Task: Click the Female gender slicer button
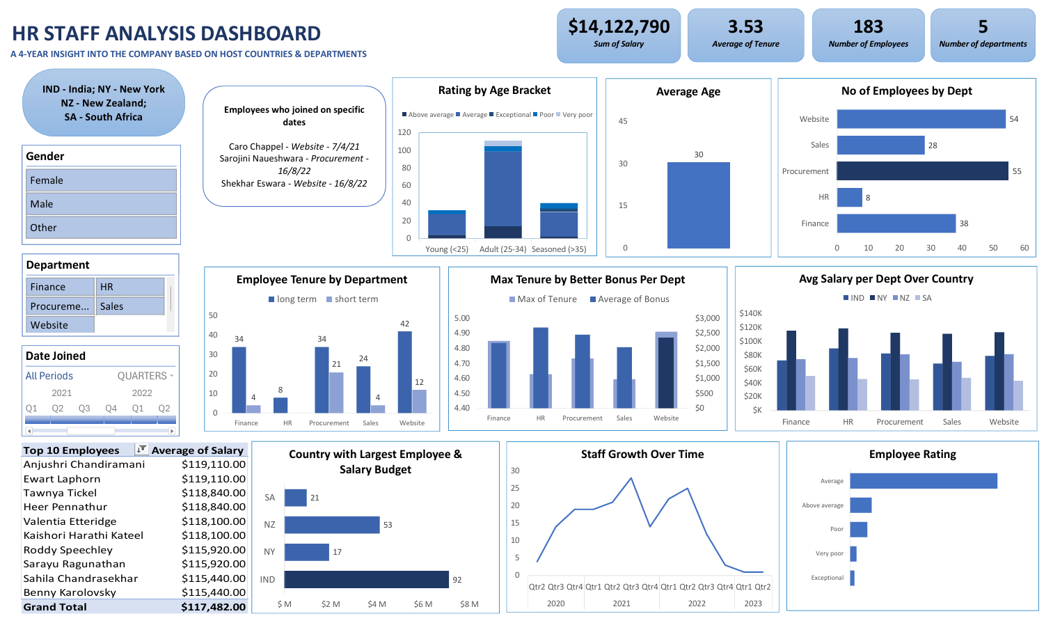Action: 101,180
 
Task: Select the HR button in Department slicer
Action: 131,287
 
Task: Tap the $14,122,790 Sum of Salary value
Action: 619,27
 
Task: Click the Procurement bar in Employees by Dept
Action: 922,171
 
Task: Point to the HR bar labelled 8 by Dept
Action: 849,198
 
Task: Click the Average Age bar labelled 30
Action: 698,205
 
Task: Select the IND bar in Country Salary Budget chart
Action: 366,579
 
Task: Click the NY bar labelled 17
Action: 306,552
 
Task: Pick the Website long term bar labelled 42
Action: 404,372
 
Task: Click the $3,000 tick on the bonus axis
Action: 707,318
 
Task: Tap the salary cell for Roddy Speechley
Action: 213,550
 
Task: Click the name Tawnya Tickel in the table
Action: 60,493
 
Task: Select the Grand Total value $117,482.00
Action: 213,607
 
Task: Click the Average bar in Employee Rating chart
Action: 923,481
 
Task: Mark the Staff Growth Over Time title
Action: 642,455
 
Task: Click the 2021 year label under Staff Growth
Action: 621,604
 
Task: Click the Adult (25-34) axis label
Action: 502,249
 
